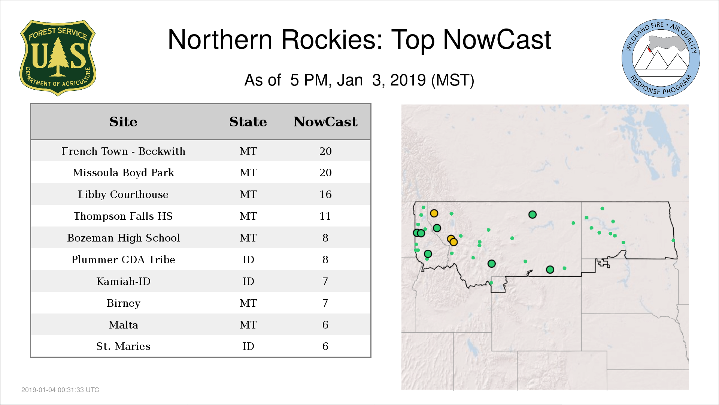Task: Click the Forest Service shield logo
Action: pyautogui.click(x=58, y=58)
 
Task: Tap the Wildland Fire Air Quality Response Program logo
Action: pyautogui.click(x=661, y=58)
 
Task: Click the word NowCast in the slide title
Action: pyautogui.click(x=497, y=39)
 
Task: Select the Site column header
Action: pyautogui.click(x=123, y=122)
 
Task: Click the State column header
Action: pyautogui.click(x=248, y=122)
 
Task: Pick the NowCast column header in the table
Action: pyautogui.click(x=325, y=122)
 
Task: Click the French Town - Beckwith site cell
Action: pyautogui.click(x=123, y=151)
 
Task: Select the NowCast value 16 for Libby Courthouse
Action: pyautogui.click(x=325, y=194)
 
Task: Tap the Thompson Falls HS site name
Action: pyautogui.click(x=123, y=216)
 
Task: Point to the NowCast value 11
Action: pyautogui.click(x=325, y=216)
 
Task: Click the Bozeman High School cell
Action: pyautogui.click(x=123, y=238)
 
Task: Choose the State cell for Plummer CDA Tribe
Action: pyautogui.click(x=248, y=259)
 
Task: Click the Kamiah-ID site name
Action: pyautogui.click(x=123, y=281)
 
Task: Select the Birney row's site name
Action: pyautogui.click(x=123, y=303)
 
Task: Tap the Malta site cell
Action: pyautogui.click(x=123, y=325)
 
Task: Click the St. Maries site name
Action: pyautogui.click(x=123, y=346)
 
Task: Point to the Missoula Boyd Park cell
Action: pyautogui.click(x=123, y=172)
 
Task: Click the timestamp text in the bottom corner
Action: pyautogui.click(x=60, y=390)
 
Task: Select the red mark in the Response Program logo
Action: pyautogui.click(x=650, y=49)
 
